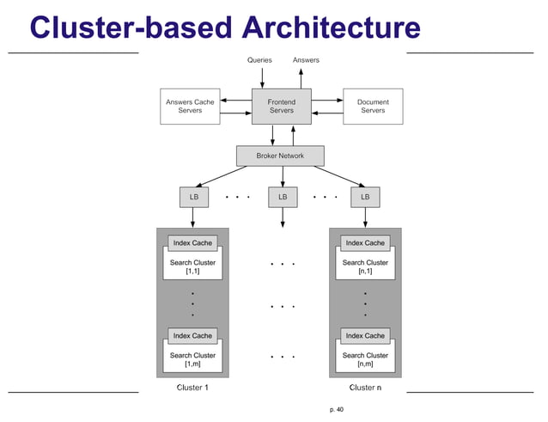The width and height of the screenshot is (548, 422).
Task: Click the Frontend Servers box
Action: pos(281,106)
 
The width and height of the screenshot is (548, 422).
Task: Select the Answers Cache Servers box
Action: pos(190,106)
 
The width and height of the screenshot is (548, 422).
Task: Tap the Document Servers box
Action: pos(373,106)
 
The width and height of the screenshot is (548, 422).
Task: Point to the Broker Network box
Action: pos(281,156)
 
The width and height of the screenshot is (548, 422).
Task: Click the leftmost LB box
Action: pos(192,197)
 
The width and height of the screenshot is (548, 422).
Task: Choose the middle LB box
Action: pos(282,197)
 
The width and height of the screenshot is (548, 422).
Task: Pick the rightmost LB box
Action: pos(365,197)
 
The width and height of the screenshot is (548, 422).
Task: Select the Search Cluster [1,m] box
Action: pos(192,358)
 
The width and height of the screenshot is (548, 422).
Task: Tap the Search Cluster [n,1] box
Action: pos(365,266)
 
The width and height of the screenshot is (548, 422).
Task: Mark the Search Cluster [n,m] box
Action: pos(365,358)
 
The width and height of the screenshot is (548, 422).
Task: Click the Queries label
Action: pos(259,60)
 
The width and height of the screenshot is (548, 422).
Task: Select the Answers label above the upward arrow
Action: pos(306,60)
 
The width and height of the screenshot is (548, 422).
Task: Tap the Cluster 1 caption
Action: pos(192,388)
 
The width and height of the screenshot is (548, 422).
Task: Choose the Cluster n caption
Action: pos(365,388)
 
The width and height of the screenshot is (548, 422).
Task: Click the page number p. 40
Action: pos(336,410)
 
